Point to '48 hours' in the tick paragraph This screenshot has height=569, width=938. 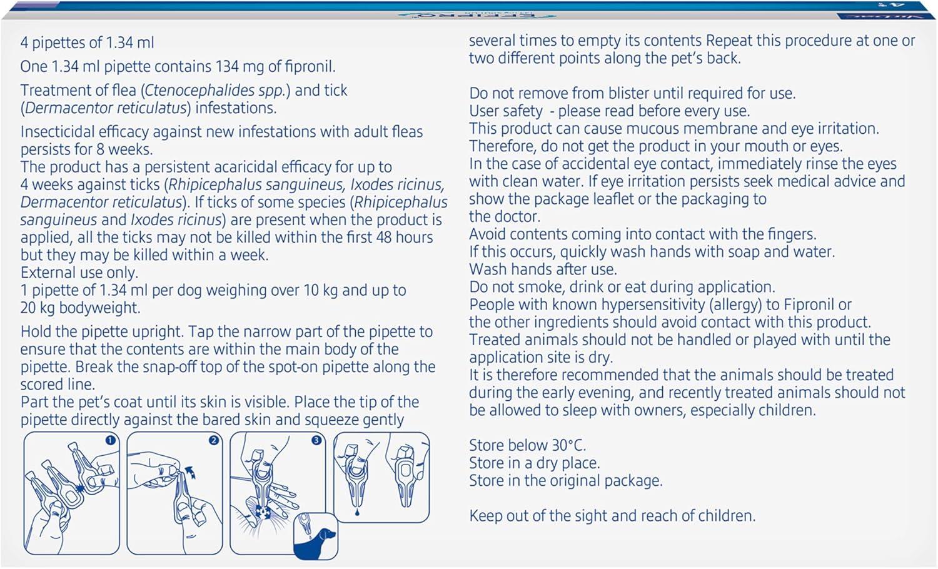[405, 238]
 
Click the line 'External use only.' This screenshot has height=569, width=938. [79, 273]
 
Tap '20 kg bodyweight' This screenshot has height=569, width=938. [79, 308]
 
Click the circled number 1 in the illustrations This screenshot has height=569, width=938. [111, 441]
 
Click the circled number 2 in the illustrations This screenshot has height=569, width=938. [214, 441]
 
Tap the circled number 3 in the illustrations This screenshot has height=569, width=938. [316, 441]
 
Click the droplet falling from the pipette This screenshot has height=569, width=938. [356, 512]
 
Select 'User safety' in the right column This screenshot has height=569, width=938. [506, 111]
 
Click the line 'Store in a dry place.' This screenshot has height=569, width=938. [534, 463]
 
